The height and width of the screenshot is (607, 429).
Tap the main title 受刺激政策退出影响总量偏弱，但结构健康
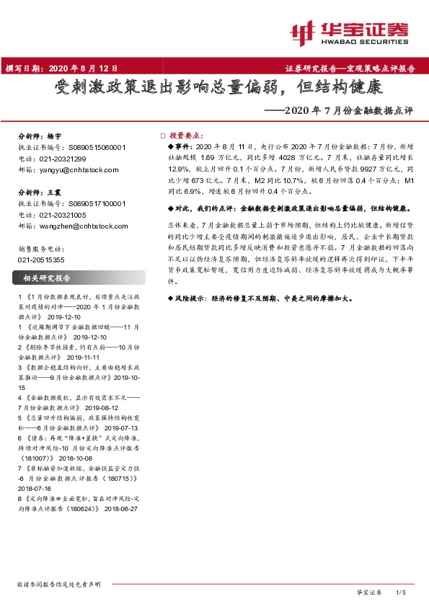pos(214,89)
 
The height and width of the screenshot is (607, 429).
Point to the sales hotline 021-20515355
pos(40,259)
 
